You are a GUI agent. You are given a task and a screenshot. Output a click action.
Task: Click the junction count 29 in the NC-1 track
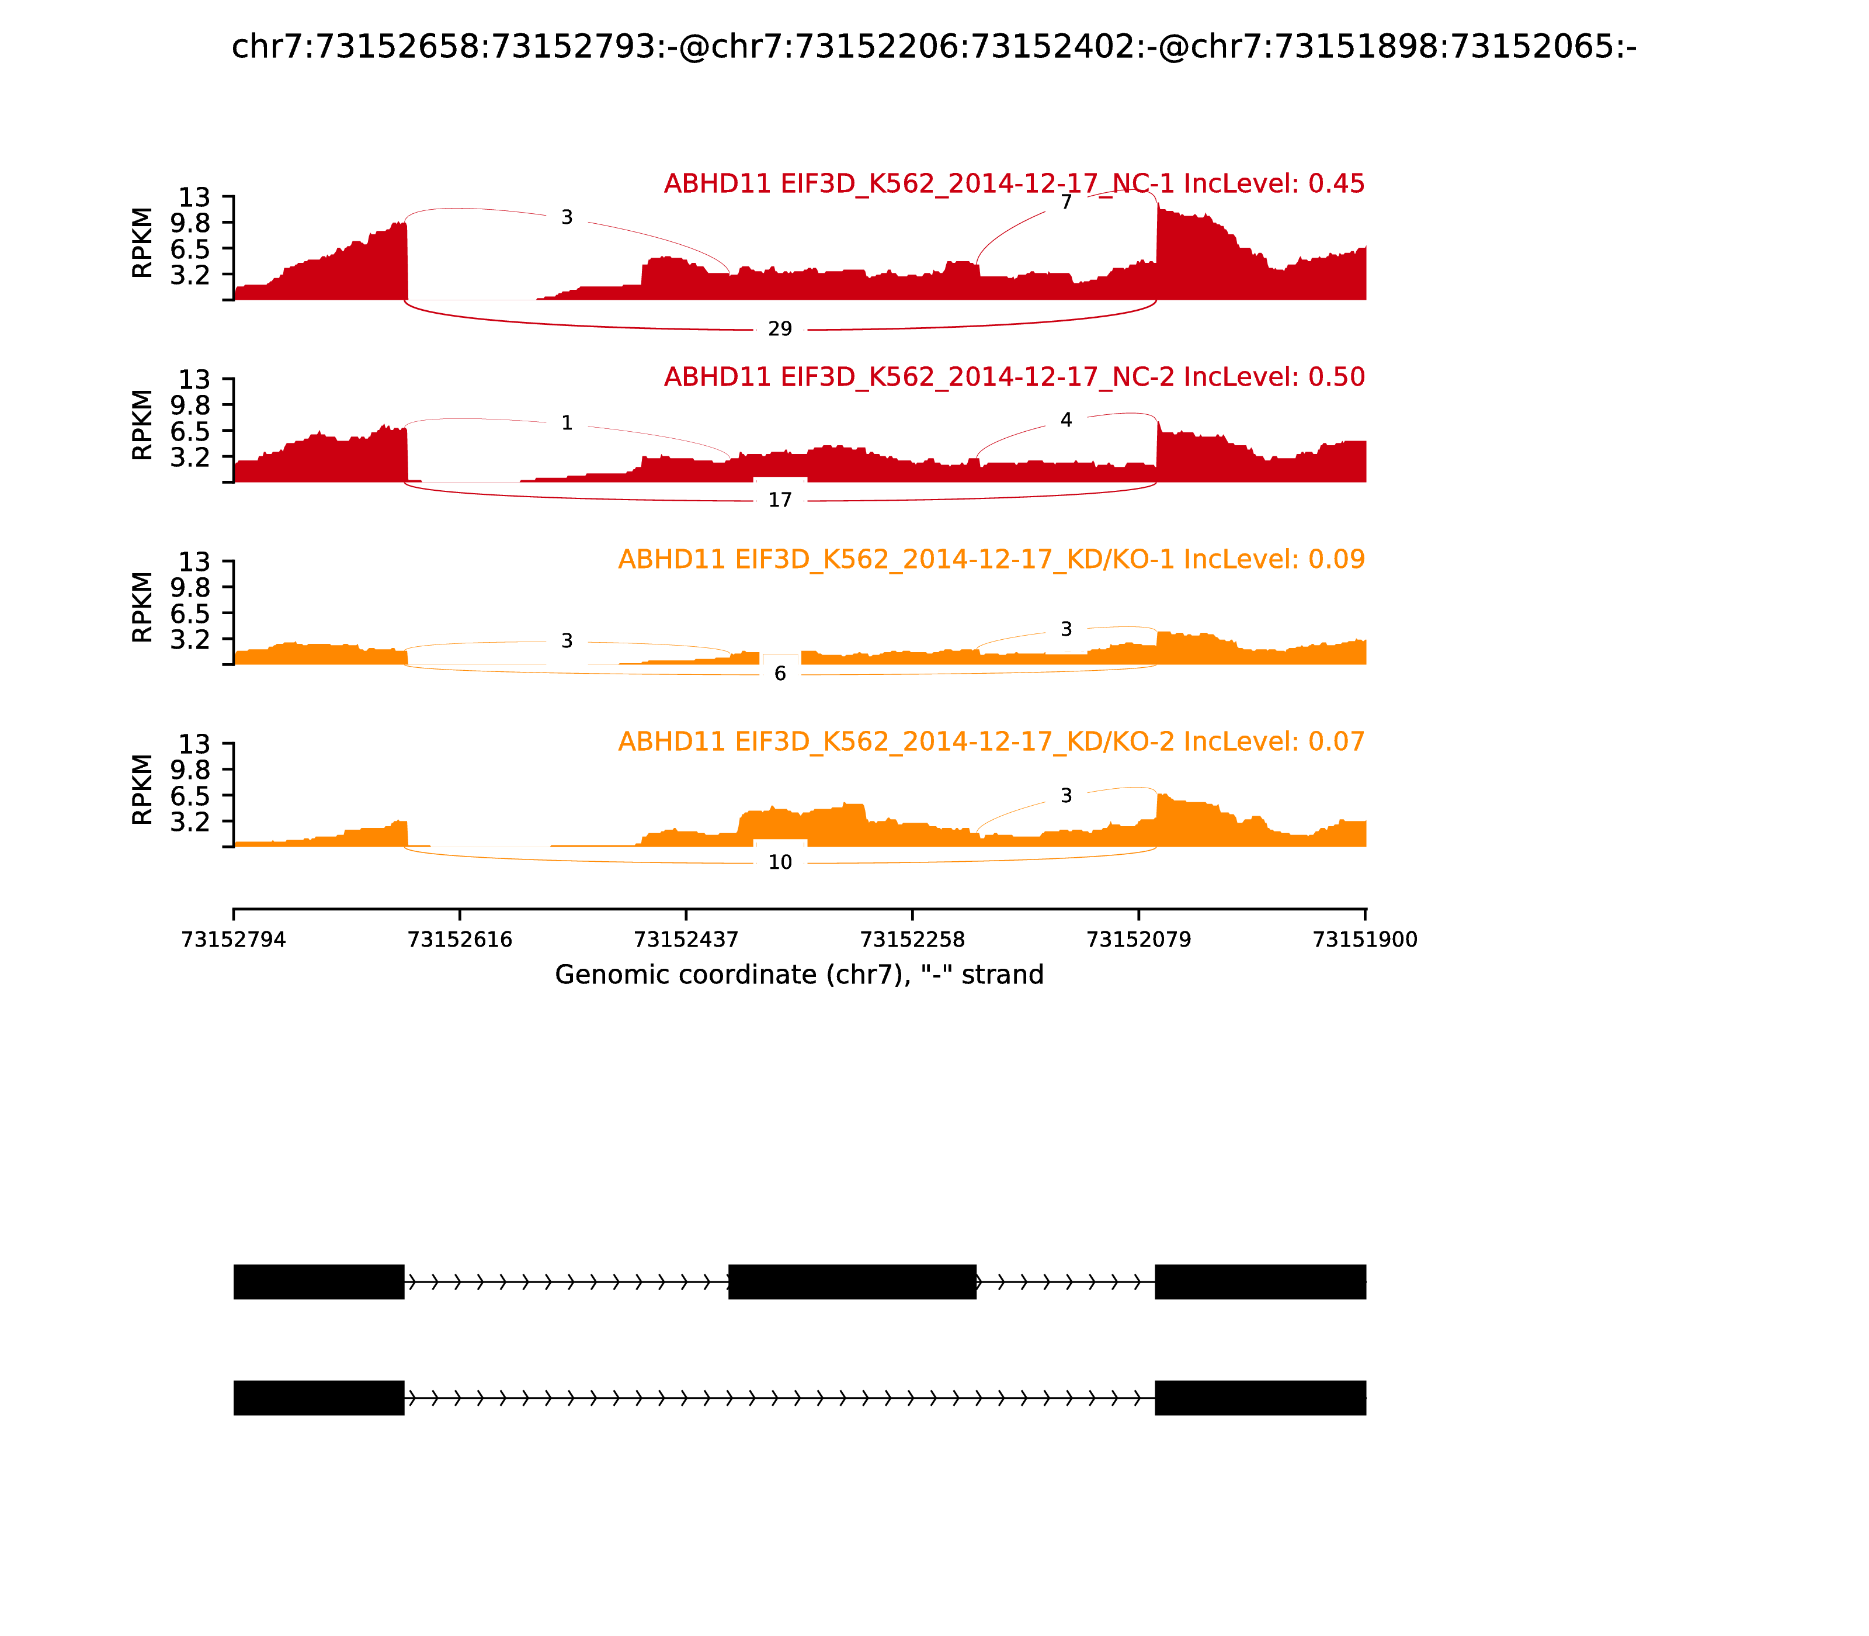click(779, 328)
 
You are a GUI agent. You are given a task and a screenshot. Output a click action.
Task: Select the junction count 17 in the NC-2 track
click(779, 500)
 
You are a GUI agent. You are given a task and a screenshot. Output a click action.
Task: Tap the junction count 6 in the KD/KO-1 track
click(779, 674)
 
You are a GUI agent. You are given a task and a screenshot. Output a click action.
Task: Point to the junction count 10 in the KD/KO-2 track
click(779, 863)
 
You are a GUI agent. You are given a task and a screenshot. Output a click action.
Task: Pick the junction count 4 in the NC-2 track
click(1066, 420)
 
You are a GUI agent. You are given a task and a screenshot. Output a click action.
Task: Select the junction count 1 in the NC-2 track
click(567, 422)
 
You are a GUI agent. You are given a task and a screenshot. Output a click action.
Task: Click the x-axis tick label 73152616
click(460, 940)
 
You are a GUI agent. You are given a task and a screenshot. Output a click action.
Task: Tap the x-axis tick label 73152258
click(912, 940)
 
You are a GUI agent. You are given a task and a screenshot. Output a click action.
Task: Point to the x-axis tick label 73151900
click(1364, 940)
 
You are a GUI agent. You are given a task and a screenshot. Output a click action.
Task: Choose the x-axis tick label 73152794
click(234, 940)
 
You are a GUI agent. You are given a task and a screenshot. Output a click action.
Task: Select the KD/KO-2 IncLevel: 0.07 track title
click(991, 741)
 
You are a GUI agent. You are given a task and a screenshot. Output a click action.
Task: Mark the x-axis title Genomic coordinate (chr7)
click(798, 975)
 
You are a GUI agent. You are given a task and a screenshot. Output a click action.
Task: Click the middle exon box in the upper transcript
click(852, 1282)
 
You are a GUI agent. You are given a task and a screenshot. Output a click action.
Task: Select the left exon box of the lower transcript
click(318, 1398)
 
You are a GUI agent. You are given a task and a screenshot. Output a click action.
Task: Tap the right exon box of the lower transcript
click(1260, 1398)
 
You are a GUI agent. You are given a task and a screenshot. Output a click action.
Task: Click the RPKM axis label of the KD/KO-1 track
click(143, 607)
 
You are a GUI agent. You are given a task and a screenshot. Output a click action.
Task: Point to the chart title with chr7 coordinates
click(933, 47)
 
